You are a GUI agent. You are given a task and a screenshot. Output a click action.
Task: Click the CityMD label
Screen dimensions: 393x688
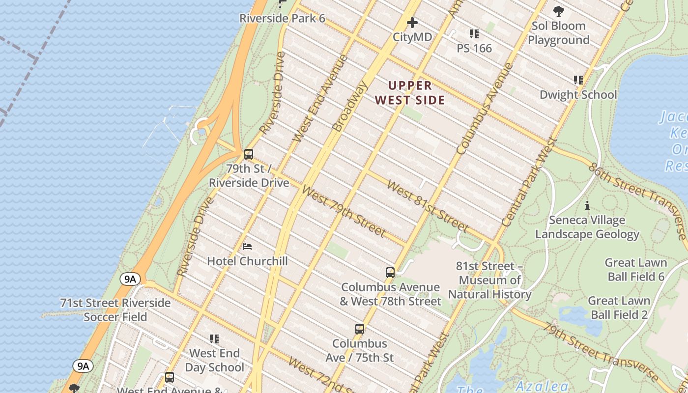[x=412, y=37]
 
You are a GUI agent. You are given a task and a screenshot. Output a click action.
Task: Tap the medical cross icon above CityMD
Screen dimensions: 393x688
[x=412, y=23]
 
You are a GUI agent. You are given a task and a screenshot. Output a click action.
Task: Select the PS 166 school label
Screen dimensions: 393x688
[x=474, y=48]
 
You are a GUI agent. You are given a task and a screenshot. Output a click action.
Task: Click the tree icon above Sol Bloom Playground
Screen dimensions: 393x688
[x=558, y=11]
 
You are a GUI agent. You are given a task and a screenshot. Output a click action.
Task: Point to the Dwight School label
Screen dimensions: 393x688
[x=578, y=94]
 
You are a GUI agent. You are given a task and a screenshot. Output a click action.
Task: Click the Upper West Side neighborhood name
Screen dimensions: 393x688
[x=410, y=93]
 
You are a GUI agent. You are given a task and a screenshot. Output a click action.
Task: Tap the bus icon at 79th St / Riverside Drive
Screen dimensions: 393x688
[x=249, y=154]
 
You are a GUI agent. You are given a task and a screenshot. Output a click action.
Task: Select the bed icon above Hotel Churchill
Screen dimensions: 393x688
[x=247, y=246]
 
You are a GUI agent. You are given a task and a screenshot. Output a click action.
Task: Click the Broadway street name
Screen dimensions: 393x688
[x=350, y=107]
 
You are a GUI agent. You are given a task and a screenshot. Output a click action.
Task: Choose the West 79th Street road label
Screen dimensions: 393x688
[x=343, y=210]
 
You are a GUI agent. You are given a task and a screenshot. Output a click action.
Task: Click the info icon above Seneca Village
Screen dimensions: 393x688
[x=587, y=205]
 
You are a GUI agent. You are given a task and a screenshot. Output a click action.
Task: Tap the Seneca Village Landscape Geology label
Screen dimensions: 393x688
[x=587, y=227]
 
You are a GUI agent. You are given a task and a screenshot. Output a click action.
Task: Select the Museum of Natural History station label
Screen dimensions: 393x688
[x=489, y=280]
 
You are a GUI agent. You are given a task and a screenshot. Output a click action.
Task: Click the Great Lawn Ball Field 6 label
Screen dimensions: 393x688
[x=635, y=270]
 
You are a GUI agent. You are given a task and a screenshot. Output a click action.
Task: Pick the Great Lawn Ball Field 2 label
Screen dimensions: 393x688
[x=619, y=308]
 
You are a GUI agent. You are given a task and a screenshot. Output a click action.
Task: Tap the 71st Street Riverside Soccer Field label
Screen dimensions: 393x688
[x=115, y=309]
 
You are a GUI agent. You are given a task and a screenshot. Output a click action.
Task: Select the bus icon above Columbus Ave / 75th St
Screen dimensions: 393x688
[x=360, y=329]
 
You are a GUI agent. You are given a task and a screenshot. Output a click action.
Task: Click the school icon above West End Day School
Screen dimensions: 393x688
[x=214, y=339]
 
